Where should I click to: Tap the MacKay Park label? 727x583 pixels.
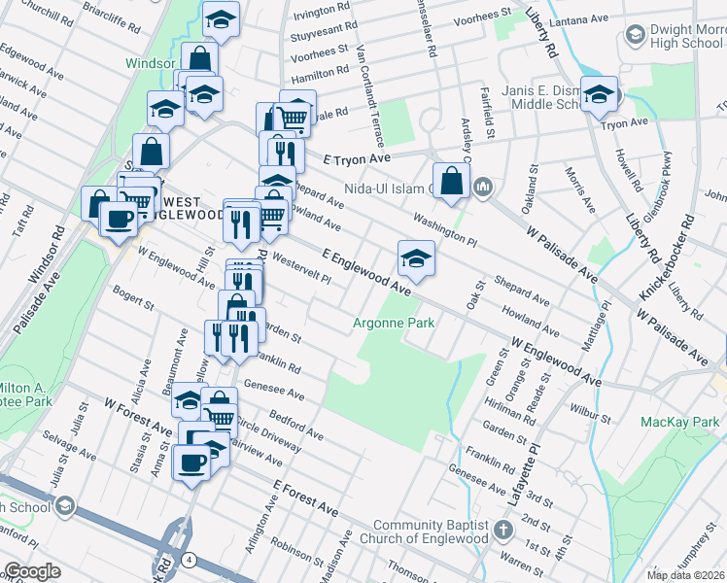pyautogui.click(x=680, y=422)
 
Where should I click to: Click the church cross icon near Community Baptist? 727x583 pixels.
pyautogui.click(x=502, y=531)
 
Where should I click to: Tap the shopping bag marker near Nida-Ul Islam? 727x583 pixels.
pyautogui.click(x=452, y=181)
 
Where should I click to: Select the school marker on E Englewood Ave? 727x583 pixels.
pyautogui.click(x=416, y=258)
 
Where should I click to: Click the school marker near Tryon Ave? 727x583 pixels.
pyautogui.click(x=599, y=94)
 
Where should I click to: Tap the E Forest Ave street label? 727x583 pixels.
pyautogui.click(x=305, y=497)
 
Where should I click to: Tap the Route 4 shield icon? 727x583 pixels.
pyautogui.click(x=189, y=560)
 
